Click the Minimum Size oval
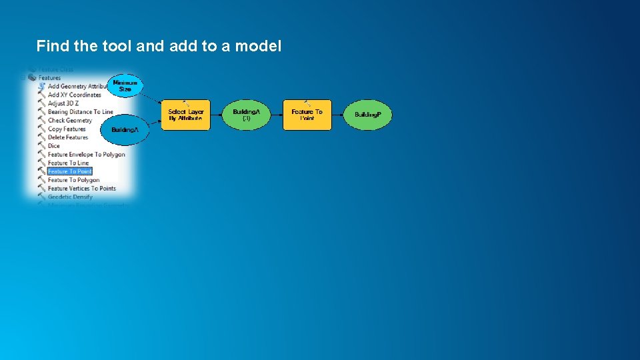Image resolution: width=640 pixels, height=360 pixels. point(125,86)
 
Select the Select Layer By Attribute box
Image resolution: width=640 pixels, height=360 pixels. point(186,115)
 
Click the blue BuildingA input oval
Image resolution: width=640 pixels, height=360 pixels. point(125,129)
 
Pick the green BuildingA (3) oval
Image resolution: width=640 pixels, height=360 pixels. point(246,115)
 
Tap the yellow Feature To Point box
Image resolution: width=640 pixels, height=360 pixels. point(307,115)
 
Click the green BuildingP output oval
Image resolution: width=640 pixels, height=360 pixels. point(367,115)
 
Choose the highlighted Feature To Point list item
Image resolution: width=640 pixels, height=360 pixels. point(69,171)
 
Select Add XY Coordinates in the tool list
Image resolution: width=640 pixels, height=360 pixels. point(74,95)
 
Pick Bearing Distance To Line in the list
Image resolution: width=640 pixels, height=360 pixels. point(80,112)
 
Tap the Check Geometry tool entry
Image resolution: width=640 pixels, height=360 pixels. point(69,121)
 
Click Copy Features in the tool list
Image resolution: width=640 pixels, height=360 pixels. point(67,129)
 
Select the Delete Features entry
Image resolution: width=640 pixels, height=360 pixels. point(68,137)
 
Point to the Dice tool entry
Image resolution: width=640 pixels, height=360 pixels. point(53,146)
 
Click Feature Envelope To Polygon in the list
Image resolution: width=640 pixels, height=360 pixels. point(86,155)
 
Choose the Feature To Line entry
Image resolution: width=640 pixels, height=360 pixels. point(68,163)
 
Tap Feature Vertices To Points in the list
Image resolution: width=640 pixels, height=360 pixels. point(81,189)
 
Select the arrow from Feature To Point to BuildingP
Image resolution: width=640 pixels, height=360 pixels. point(337,115)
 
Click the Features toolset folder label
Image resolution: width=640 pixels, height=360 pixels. point(49,78)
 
